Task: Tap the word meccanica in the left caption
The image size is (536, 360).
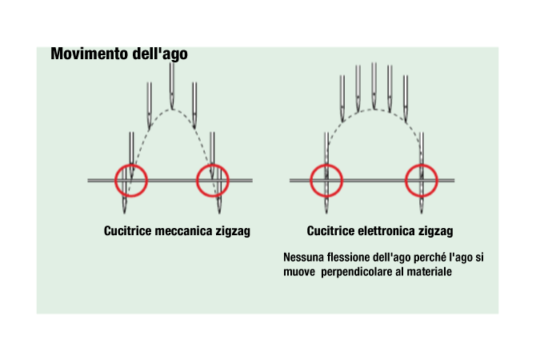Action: [183, 230]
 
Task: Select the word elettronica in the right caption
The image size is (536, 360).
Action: [386, 230]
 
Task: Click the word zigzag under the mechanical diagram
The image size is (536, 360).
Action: [233, 231]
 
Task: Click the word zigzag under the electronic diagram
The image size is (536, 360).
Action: [436, 231]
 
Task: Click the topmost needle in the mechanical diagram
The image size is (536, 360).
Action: [172, 86]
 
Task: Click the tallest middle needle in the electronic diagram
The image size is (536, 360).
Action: [374, 86]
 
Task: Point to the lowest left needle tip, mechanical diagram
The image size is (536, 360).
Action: [124, 214]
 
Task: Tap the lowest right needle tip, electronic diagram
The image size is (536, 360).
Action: [422, 214]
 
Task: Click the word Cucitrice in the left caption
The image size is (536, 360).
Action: [127, 230]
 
